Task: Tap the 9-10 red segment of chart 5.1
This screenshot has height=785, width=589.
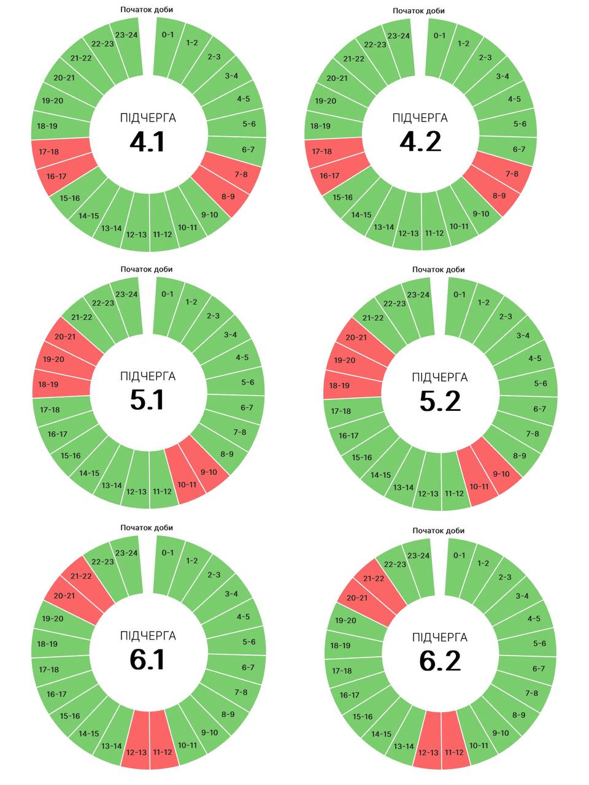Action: (x=209, y=472)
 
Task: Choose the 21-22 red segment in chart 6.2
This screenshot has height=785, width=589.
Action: (x=374, y=578)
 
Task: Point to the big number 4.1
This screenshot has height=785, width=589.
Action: (x=147, y=142)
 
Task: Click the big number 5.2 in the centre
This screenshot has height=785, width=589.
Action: (x=440, y=401)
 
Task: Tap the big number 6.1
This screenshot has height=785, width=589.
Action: (x=147, y=660)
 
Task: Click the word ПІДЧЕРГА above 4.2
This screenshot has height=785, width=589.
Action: (x=420, y=118)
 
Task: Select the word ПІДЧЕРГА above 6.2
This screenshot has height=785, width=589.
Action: (x=440, y=637)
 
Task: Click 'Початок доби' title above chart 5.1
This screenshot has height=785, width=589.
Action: (x=147, y=269)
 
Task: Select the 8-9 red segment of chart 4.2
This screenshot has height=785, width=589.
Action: (x=499, y=196)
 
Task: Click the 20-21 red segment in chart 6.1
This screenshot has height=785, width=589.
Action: (x=64, y=595)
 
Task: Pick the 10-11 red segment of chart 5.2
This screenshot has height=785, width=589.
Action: (x=479, y=486)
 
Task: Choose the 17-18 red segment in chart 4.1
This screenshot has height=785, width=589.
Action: (x=48, y=151)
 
